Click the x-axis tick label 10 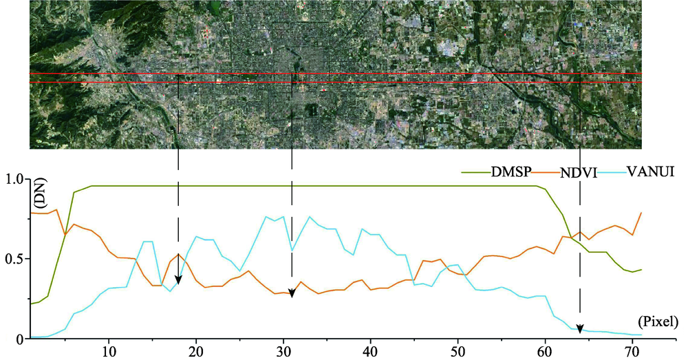point(109,351)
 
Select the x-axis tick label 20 point(197,351)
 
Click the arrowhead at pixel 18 point(178,279)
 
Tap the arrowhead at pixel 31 point(292,294)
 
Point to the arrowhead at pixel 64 point(580,328)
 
